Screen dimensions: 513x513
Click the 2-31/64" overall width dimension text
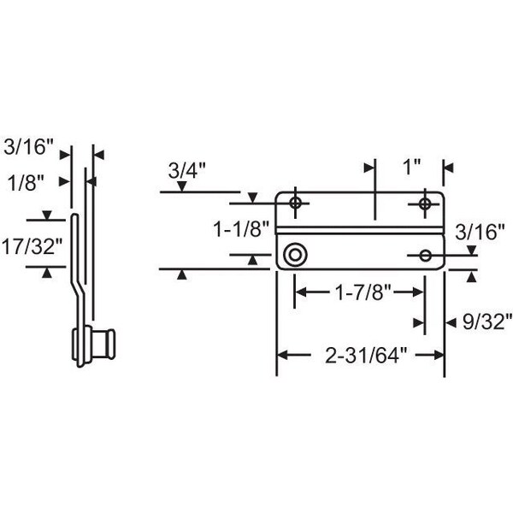[366, 356]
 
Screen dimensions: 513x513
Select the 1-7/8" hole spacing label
[363, 292]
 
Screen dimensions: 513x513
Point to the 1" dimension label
[412, 168]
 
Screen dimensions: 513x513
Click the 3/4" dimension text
[186, 170]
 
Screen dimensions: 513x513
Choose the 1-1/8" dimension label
[241, 228]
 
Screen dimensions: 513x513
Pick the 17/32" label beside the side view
[32, 246]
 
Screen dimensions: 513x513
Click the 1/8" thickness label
[26, 183]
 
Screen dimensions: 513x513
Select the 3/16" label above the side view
[28, 146]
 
